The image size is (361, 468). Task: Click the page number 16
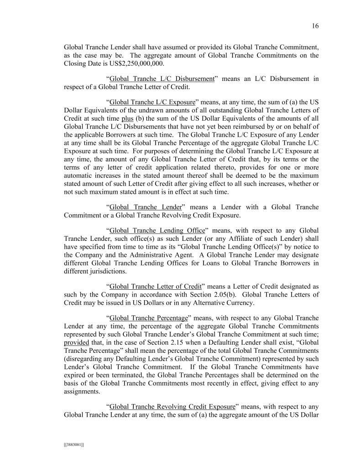315,26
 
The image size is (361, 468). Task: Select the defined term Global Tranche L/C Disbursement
162,79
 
